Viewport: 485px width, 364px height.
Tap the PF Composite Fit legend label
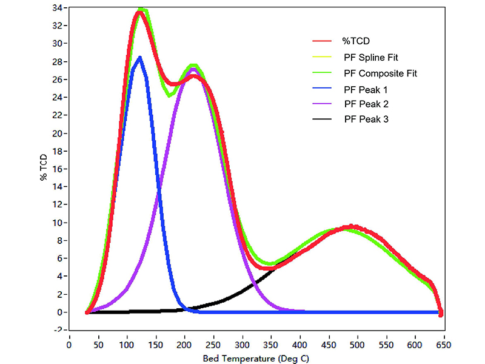tap(380, 73)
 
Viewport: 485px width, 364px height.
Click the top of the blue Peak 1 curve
tap(139, 58)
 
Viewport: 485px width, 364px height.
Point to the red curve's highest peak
tap(139, 13)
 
